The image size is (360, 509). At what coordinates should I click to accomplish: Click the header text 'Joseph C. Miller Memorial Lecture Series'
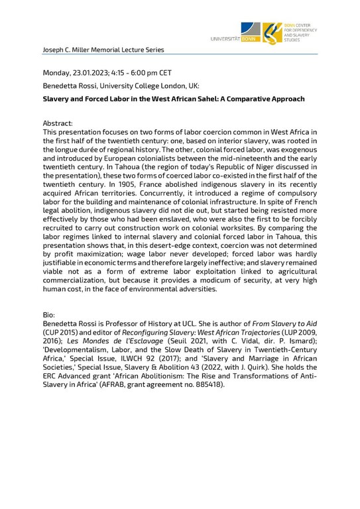point(103,50)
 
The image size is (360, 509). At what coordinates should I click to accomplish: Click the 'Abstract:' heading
point(58,124)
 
